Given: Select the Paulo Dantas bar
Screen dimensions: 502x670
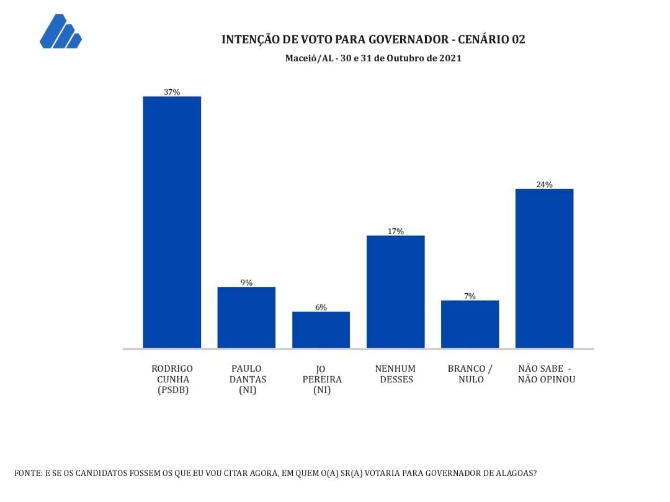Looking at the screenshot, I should [246, 317].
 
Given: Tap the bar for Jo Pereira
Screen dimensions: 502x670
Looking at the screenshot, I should [321, 329].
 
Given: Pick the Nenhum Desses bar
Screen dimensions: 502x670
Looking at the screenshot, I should [396, 291].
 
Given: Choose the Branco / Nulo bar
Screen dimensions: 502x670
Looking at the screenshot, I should [470, 324].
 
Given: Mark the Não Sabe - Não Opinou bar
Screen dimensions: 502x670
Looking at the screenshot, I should [545, 268].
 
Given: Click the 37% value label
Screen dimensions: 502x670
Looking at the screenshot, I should [172, 92].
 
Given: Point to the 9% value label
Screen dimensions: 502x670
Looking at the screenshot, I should [246, 283].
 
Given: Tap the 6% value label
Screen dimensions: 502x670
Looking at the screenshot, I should [321, 307].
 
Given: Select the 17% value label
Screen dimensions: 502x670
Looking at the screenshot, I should [396, 231].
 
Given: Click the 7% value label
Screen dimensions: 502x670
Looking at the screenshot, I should [470, 296].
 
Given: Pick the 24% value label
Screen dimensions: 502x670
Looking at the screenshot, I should [545, 184].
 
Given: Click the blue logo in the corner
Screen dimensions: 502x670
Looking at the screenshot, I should [60, 32].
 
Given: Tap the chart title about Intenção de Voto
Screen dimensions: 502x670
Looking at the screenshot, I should [373, 40].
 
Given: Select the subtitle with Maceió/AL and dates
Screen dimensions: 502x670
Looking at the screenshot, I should [373, 58].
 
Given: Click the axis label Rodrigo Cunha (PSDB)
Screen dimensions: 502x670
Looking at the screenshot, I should [172, 379].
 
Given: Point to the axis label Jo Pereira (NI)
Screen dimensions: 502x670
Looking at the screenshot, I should [321, 379].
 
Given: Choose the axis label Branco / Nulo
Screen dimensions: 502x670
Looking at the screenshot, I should [470, 374].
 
